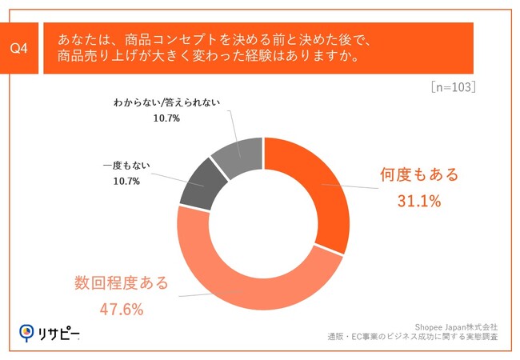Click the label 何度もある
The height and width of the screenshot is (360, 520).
tap(419, 175)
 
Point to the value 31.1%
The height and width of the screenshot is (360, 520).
tap(419, 201)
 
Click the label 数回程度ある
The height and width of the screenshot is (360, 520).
tap(122, 282)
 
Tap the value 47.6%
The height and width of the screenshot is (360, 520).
tap(122, 309)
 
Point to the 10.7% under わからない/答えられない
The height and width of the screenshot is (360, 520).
tap(166, 118)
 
